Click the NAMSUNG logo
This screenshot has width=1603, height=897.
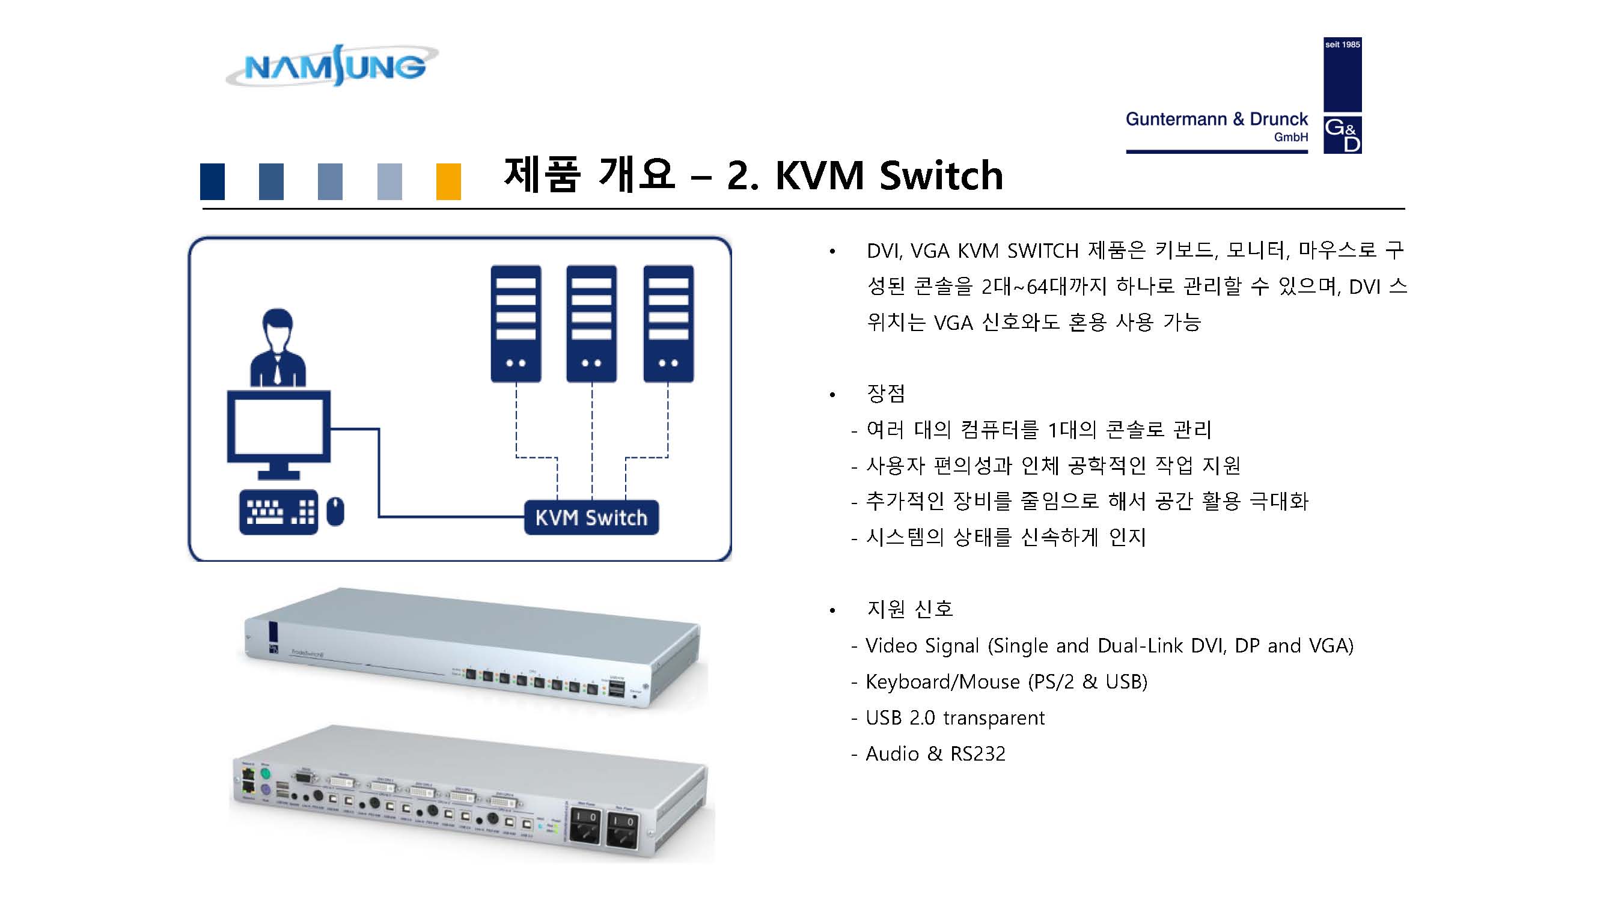click(333, 66)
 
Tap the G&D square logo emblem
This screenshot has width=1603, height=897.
click(1342, 135)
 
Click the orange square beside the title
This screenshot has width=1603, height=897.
click(448, 181)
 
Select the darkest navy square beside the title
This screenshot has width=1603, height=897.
click(212, 181)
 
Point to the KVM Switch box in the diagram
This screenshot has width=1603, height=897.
click(591, 517)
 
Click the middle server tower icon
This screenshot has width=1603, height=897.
click(591, 323)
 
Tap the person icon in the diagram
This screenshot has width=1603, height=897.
click(278, 348)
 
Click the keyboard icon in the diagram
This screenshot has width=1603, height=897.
click(278, 512)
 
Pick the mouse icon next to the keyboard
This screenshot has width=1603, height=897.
click(335, 511)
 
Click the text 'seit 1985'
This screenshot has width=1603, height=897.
click(1342, 45)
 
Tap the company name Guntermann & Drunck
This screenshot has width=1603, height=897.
click(1216, 119)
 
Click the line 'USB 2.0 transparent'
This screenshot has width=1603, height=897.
click(954, 718)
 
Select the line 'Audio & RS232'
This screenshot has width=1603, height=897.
click(935, 754)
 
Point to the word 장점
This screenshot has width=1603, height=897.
click(885, 393)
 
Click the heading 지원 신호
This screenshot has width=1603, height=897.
click(909, 609)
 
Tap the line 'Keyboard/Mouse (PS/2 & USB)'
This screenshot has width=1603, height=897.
click(1006, 682)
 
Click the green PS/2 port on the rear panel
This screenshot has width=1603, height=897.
click(265, 774)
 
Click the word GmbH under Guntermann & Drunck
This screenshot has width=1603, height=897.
click(1290, 138)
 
